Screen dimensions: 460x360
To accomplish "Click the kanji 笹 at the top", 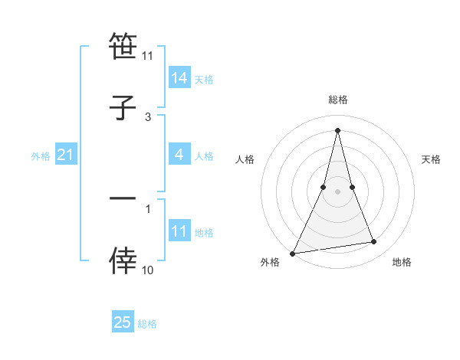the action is point(123,46).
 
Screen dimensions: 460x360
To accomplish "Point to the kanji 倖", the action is point(123,261).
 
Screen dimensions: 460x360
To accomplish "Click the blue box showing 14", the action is point(179,78).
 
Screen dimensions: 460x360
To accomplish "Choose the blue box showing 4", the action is point(179,155).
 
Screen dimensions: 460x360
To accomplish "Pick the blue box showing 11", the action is point(179,232).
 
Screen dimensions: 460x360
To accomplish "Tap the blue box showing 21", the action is point(66,155).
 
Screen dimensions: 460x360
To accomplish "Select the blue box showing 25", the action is point(123,322).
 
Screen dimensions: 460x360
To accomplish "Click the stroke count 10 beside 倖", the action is point(148,270).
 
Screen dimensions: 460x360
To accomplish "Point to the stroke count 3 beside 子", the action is point(148,116).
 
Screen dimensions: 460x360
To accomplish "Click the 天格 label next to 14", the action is point(204,79).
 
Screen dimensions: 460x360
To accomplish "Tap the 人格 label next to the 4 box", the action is point(204,156).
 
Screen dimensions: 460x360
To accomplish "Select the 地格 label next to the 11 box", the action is point(204,233).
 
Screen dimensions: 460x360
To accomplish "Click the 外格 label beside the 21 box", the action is point(41,156).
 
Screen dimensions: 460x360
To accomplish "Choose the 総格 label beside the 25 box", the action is point(147,323).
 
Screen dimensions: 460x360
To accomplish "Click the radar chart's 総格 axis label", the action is point(338,100).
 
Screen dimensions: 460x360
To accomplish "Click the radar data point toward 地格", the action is point(374,242).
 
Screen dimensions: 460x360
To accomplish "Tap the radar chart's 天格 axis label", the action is point(431,159).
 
